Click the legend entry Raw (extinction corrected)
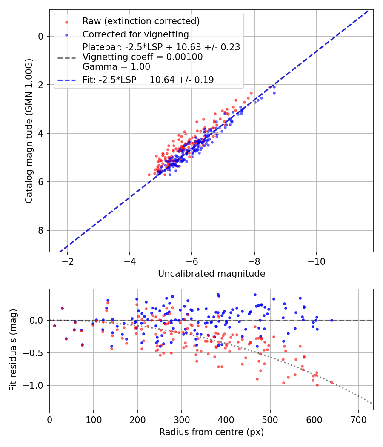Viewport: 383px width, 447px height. point(141,21)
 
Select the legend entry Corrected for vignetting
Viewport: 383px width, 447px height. point(136,34)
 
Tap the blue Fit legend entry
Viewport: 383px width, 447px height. point(148,80)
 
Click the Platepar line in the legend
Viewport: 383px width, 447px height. point(161,47)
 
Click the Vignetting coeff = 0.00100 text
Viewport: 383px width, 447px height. point(143,57)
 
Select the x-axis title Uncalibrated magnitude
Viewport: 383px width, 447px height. point(212,274)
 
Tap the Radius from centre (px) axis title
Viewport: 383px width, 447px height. point(212,432)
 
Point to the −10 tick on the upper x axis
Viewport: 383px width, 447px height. point(316,261)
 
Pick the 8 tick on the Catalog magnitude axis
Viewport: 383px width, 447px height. point(40,231)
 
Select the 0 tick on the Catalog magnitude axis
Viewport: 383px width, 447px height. point(40,36)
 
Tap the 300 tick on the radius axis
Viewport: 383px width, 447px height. point(182,419)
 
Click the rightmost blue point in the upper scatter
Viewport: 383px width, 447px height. point(274,92)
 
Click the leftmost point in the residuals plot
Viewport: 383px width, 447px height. point(54,326)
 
